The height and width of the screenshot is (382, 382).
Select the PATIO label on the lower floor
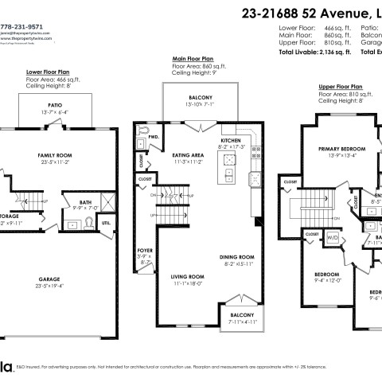click(x=54, y=104)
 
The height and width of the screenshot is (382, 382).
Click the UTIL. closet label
click(x=105, y=224)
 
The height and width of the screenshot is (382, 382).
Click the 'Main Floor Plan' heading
click(x=193, y=59)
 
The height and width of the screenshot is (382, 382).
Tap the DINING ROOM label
click(x=236, y=257)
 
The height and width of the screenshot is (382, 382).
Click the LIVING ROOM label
click(x=188, y=276)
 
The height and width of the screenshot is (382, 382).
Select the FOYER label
click(x=145, y=250)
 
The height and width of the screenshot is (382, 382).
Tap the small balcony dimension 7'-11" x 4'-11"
click(x=237, y=322)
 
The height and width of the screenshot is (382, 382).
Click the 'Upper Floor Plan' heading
click(x=341, y=85)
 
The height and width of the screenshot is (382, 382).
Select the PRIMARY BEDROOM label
click(x=342, y=149)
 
